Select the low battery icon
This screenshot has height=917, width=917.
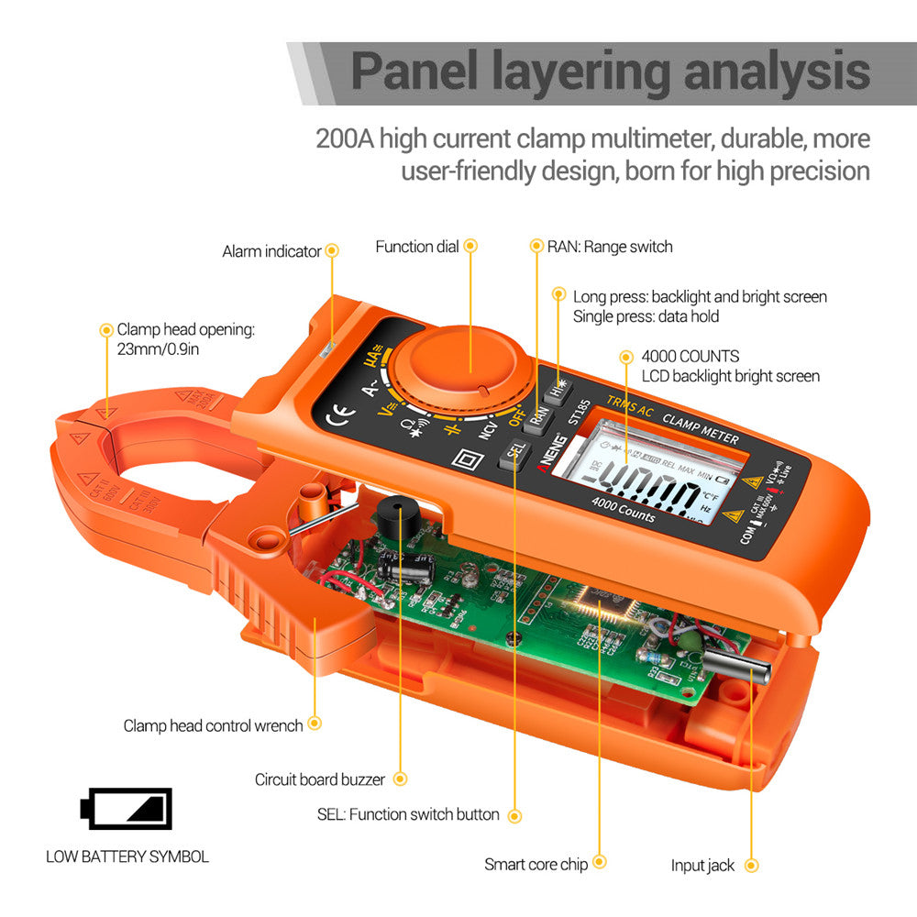(x=127, y=808)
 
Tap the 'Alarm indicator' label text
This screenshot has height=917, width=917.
(x=271, y=251)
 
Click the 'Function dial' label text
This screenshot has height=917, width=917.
(x=417, y=247)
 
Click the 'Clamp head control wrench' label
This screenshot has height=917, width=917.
(x=213, y=725)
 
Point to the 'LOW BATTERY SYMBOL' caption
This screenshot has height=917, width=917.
(x=127, y=857)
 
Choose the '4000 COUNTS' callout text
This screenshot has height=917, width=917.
(x=690, y=356)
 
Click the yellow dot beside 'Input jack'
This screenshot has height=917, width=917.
(x=752, y=865)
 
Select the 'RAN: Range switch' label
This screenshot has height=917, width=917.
(x=610, y=247)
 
